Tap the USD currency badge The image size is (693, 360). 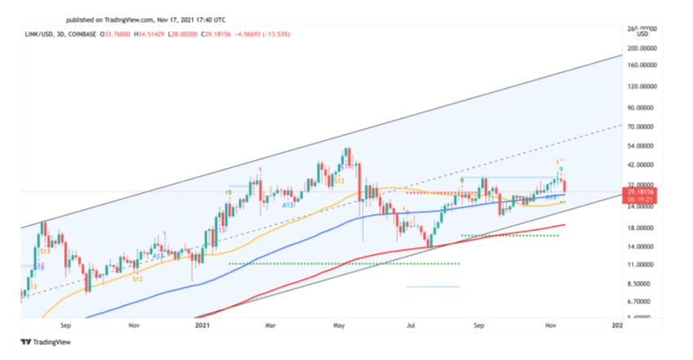point(642,34)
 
